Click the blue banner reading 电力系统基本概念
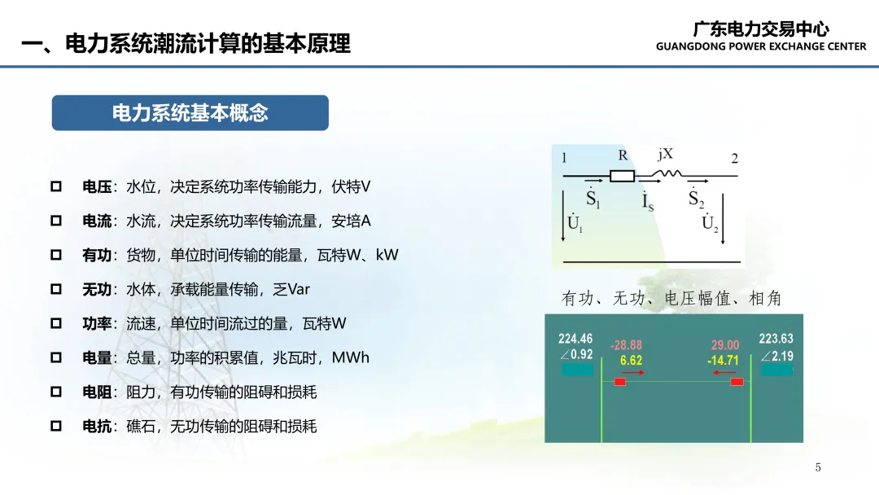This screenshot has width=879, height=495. pyautogui.click(x=190, y=112)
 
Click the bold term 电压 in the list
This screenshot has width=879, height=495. pyautogui.click(x=97, y=186)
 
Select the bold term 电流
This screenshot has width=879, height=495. pyautogui.click(x=97, y=221)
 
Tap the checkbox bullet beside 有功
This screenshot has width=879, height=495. pyautogui.click(x=56, y=255)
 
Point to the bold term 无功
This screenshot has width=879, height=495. pyautogui.click(x=97, y=289)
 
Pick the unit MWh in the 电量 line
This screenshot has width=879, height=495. pyautogui.click(x=350, y=357)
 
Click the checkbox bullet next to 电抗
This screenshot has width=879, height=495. pyautogui.click(x=56, y=426)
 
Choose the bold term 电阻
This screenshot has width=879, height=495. pyautogui.click(x=97, y=392)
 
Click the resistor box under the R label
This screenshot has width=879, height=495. pyautogui.click(x=623, y=176)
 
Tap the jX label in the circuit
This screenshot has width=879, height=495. pyautogui.click(x=666, y=154)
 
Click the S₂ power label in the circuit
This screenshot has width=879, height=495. pyautogui.click(x=696, y=198)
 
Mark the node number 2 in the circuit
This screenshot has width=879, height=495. pyautogui.click(x=734, y=159)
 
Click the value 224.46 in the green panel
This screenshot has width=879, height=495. pyautogui.click(x=575, y=339)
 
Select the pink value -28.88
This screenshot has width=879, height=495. pyautogui.click(x=626, y=345)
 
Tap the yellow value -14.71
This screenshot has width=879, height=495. pyautogui.click(x=724, y=361)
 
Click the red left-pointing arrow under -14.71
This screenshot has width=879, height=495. pyautogui.click(x=724, y=372)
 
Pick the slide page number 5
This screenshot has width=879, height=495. pyautogui.click(x=818, y=467)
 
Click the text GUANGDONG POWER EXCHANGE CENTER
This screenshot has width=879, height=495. pyautogui.click(x=761, y=46)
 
